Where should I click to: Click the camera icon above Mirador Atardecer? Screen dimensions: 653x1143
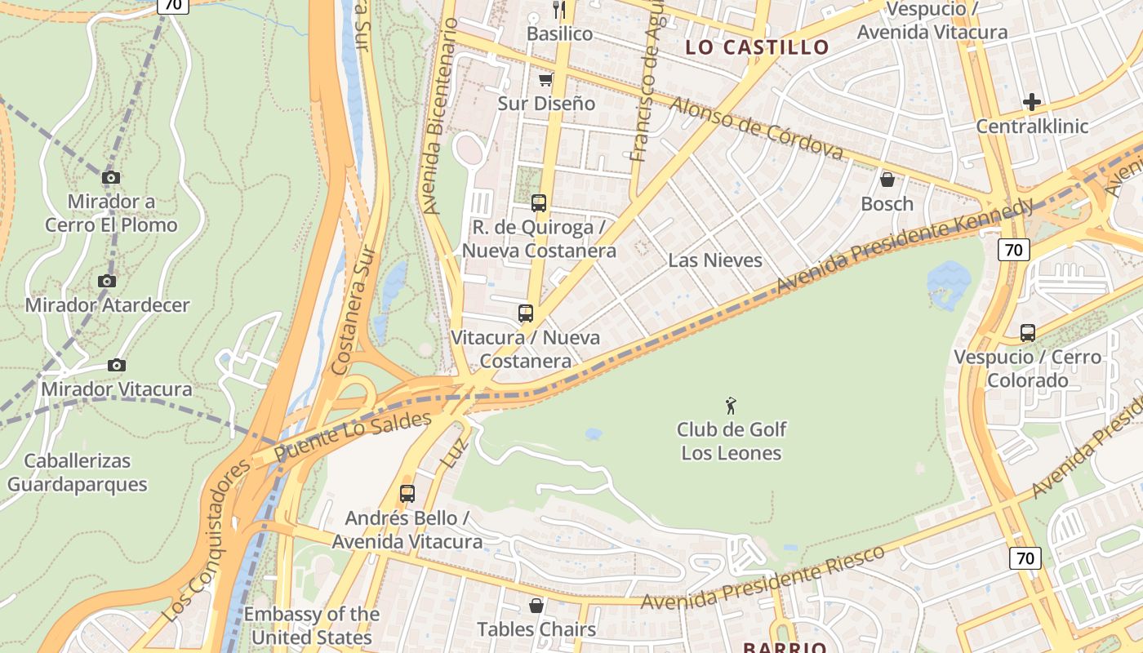[x=106, y=281]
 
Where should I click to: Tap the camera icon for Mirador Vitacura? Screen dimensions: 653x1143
[x=117, y=365]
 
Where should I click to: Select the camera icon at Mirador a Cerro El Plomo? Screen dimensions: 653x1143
[x=111, y=177]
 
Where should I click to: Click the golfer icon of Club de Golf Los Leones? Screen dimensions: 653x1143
[x=731, y=405]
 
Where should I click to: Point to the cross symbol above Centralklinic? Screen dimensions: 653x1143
[x=1032, y=102]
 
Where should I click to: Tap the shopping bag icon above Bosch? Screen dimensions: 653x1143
[x=887, y=180]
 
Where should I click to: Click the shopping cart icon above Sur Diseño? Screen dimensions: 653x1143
[x=545, y=79]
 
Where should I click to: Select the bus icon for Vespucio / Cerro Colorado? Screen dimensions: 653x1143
[x=1027, y=333]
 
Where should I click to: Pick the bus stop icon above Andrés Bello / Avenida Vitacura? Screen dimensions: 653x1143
[x=407, y=494]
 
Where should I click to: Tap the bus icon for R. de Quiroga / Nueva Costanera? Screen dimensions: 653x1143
[x=538, y=203]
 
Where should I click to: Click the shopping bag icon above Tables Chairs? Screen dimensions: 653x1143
[x=536, y=606]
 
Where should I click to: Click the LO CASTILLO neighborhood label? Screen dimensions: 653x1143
[x=757, y=47]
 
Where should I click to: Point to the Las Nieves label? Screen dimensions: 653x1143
[x=714, y=260]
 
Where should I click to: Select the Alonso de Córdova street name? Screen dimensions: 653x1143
[x=756, y=129]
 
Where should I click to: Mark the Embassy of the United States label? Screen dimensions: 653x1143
[x=311, y=625]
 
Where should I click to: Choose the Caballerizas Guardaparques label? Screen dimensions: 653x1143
[x=78, y=473]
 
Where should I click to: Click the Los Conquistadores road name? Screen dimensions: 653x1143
[x=207, y=541]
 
